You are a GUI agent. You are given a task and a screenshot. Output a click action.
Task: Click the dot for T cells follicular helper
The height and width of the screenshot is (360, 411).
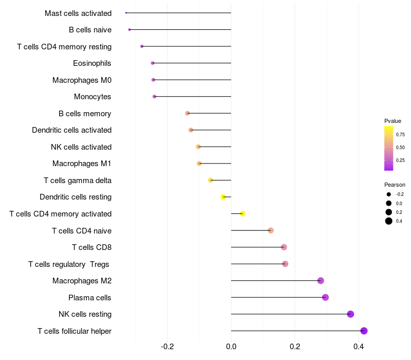(364, 331)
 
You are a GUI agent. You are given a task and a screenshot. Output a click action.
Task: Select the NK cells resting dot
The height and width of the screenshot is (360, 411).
(350, 314)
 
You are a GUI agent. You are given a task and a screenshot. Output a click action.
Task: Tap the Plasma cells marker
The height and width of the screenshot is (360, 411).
(325, 297)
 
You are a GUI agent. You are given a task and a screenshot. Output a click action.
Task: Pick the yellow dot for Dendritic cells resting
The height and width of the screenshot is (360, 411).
(223, 197)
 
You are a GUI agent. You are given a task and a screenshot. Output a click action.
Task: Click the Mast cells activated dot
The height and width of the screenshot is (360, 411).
(126, 13)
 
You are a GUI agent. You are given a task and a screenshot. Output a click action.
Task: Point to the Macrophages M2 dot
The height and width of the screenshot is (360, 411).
(321, 281)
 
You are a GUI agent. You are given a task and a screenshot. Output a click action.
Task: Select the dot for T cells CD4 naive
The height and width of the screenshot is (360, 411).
(271, 230)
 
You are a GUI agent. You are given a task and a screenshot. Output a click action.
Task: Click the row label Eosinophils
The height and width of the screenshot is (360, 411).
(92, 63)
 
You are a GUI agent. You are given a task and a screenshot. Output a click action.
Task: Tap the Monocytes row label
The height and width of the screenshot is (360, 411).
(92, 97)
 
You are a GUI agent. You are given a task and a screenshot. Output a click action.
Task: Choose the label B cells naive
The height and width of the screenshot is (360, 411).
(90, 30)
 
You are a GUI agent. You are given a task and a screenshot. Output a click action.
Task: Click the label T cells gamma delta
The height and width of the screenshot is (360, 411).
(78, 181)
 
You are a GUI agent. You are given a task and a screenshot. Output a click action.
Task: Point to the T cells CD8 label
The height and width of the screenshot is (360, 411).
(91, 247)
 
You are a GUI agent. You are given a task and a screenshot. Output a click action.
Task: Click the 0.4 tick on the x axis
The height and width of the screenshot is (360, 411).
(359, 347)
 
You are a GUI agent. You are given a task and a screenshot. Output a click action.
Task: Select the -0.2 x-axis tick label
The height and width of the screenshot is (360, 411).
(167, 347)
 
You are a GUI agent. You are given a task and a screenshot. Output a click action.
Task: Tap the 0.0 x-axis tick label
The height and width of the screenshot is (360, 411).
(231, 347)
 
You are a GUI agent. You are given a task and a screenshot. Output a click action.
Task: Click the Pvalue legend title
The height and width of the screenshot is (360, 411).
(393, 121)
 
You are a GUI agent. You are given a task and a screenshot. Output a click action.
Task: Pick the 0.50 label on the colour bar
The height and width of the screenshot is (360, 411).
(400, 148)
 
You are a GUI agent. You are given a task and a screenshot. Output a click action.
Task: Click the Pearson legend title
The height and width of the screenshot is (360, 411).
(395, 185)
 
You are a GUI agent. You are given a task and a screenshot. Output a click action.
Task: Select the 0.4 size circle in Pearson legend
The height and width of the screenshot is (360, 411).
(389, 221)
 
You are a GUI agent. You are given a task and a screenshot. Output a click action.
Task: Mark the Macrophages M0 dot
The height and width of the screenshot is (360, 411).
(153, 80)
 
